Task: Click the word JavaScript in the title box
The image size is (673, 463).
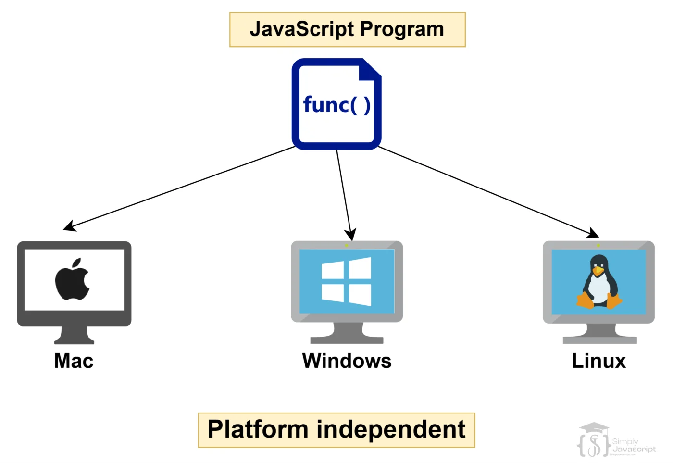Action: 302,29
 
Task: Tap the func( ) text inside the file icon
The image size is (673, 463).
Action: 336,105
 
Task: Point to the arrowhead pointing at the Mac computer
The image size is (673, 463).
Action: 70,226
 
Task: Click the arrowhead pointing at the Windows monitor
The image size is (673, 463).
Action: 351,234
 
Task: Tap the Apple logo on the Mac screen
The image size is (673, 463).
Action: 73,280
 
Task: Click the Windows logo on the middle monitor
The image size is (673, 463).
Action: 347,281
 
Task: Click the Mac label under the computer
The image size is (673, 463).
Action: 74,361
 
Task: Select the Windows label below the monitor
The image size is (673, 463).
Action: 347,361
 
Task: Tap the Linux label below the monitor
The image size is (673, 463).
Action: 598,361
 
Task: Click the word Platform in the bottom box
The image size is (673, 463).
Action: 258,429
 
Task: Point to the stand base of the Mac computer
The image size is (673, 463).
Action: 74,340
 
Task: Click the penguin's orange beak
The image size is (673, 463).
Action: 598,272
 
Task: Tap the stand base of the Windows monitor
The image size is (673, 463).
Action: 347,339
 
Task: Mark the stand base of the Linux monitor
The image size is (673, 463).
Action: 599,339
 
